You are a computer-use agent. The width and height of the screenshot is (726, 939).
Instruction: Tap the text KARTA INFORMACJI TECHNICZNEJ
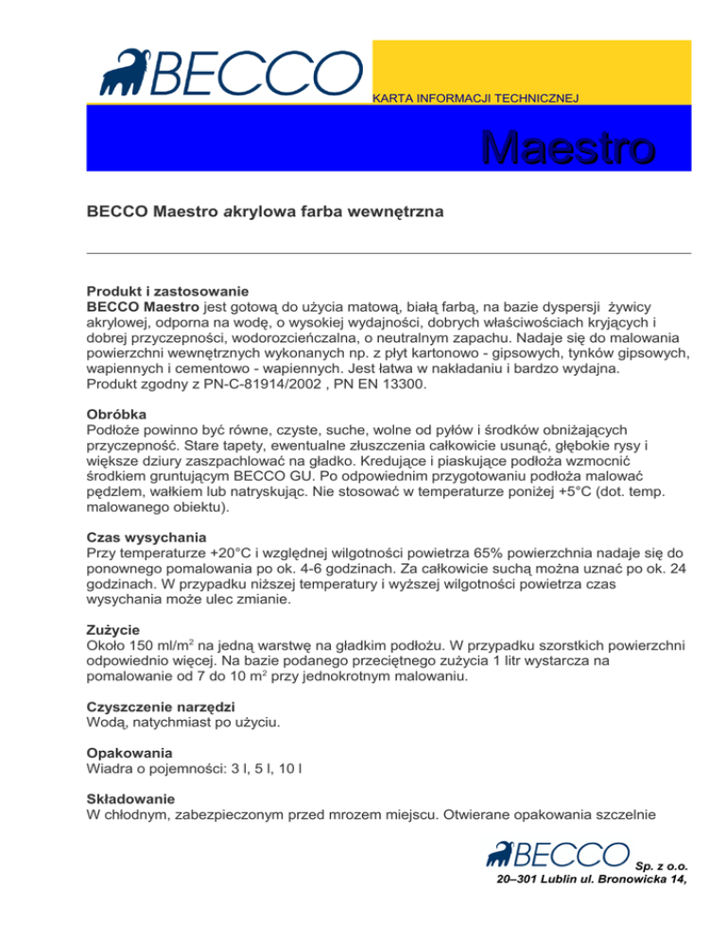click(475, 97)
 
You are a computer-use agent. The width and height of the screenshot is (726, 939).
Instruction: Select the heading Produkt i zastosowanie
click(167, 292)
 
